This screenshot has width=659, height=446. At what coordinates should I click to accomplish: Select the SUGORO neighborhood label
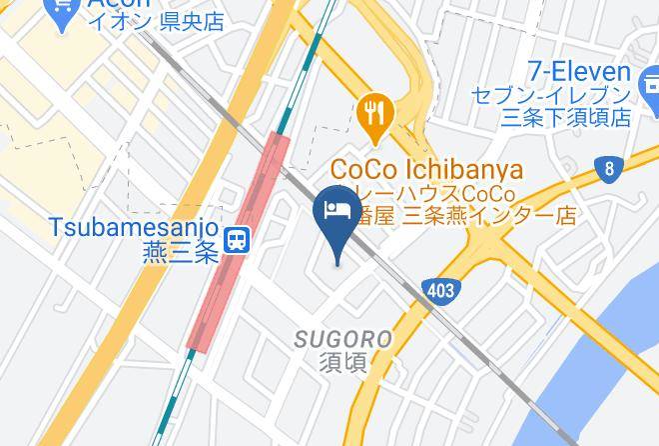(342, 340)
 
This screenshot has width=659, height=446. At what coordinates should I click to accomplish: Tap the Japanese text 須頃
(342, 363)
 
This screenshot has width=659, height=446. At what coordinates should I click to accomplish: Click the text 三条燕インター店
(489, 215)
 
